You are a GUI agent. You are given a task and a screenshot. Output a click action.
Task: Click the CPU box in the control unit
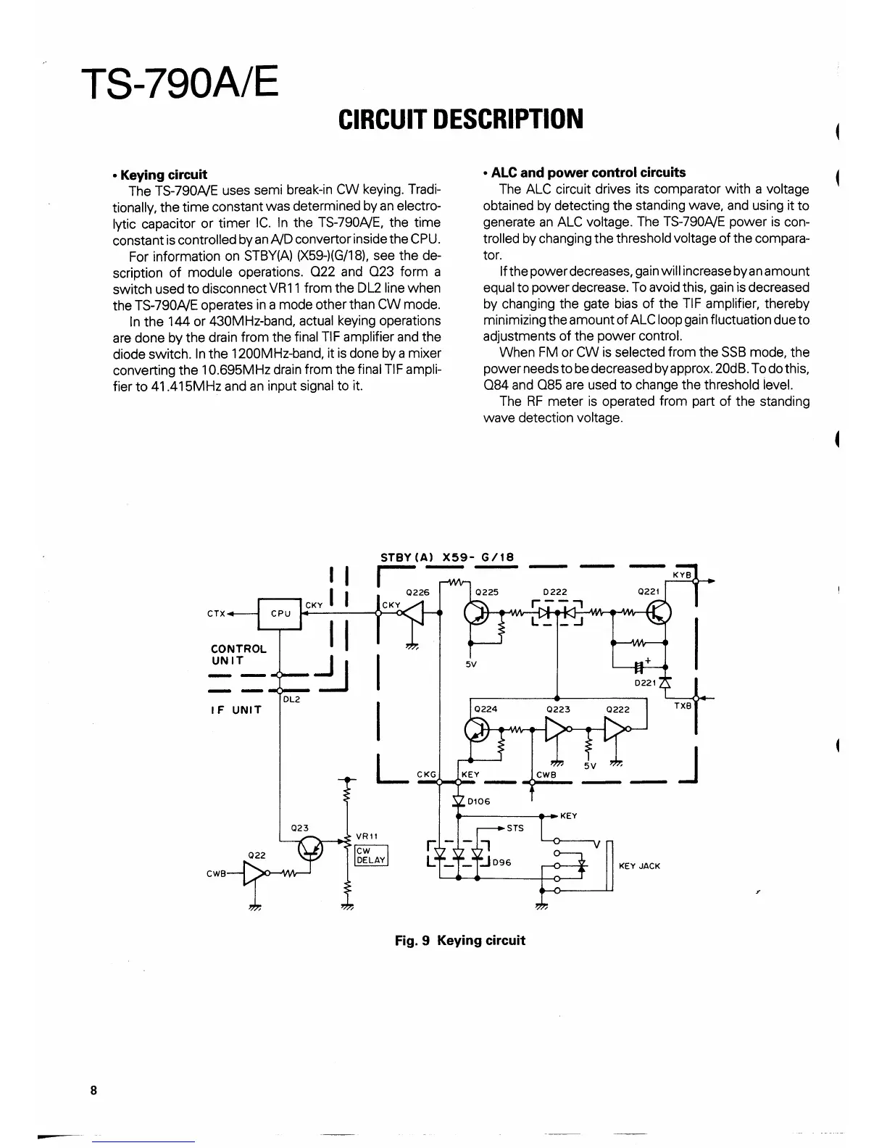(x=280, y=613)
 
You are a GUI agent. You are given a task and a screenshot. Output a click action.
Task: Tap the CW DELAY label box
(x=372, y=855)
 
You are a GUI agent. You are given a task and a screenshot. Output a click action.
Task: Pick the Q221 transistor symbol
(x=660, y=613)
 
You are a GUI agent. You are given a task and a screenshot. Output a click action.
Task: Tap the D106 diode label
(x=478, y=801)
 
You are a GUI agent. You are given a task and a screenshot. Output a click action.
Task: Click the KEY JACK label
(x=639, y=865)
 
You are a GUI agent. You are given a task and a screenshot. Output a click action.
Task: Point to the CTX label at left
(x=215, y=614)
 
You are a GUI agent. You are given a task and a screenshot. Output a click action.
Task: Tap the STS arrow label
(x=515, y=828)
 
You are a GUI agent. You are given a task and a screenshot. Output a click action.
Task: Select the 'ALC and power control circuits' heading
(x=588, y=172)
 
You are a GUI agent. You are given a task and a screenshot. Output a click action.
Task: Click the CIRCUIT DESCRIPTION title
(x=461, y=119)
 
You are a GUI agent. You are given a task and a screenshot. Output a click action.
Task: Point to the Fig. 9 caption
(x=459, y=940)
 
